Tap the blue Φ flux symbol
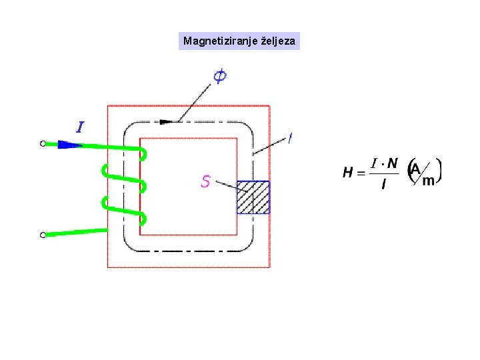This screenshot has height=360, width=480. point(219,77)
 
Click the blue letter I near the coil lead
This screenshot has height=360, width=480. point(80,127)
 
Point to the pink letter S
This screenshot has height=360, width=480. point(206,181)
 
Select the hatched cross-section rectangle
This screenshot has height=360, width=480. point(253,197)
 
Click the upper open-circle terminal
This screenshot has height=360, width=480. point(43,143)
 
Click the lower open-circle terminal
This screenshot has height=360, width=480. point(43,235)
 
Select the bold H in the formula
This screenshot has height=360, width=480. point(348,173)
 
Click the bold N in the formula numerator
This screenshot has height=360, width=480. point(393,163)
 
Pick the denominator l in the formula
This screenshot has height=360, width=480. point(383,185)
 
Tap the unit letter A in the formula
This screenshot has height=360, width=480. point(415,169)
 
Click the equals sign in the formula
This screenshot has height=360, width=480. point(361,173)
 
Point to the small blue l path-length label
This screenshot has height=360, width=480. point(290,139)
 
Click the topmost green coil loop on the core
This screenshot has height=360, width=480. point(143,154)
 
